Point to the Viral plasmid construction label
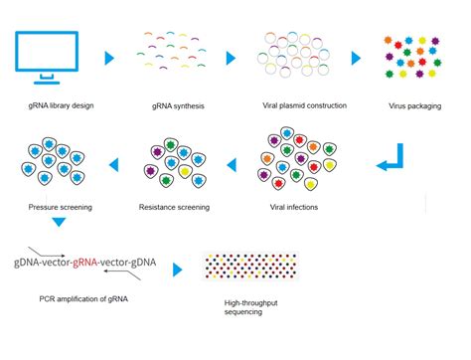285,104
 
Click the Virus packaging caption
416,104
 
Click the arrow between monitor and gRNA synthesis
109,60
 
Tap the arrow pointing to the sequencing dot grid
178,270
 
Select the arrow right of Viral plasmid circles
355,60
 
